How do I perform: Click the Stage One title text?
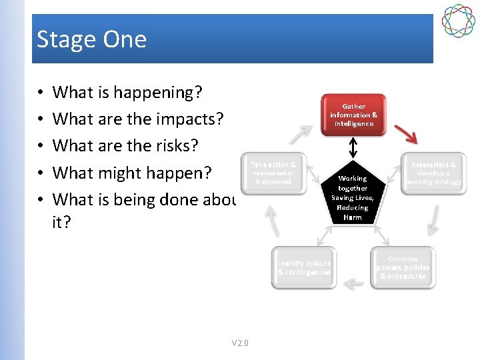[x=91, y=39]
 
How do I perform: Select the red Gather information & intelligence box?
[x=353, y=115]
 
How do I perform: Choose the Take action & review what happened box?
[x=273, y=173]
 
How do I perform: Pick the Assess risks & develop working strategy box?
[x=433, y=173]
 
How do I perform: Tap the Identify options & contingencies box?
[x=304, y=267]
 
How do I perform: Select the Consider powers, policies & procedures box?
[x=403, y=267]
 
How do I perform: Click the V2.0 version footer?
[x=240, y=343]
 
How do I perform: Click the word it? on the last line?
[x=61, y=222]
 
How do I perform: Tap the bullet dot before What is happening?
[x=41, y=93]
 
